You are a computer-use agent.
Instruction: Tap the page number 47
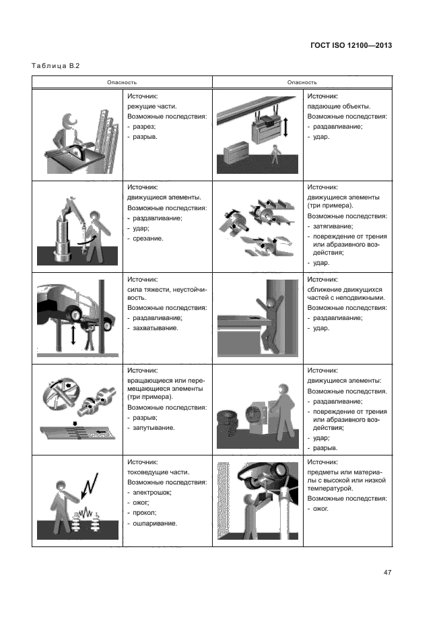[387, 573]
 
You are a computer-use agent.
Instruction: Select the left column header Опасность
[122, 82]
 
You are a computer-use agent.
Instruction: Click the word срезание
[149, 239]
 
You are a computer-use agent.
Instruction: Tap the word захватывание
[156, 327]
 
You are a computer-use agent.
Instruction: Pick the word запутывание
[154, 427]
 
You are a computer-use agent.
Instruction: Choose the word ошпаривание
[154, 523]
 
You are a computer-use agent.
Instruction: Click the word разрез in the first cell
[144, 126]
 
